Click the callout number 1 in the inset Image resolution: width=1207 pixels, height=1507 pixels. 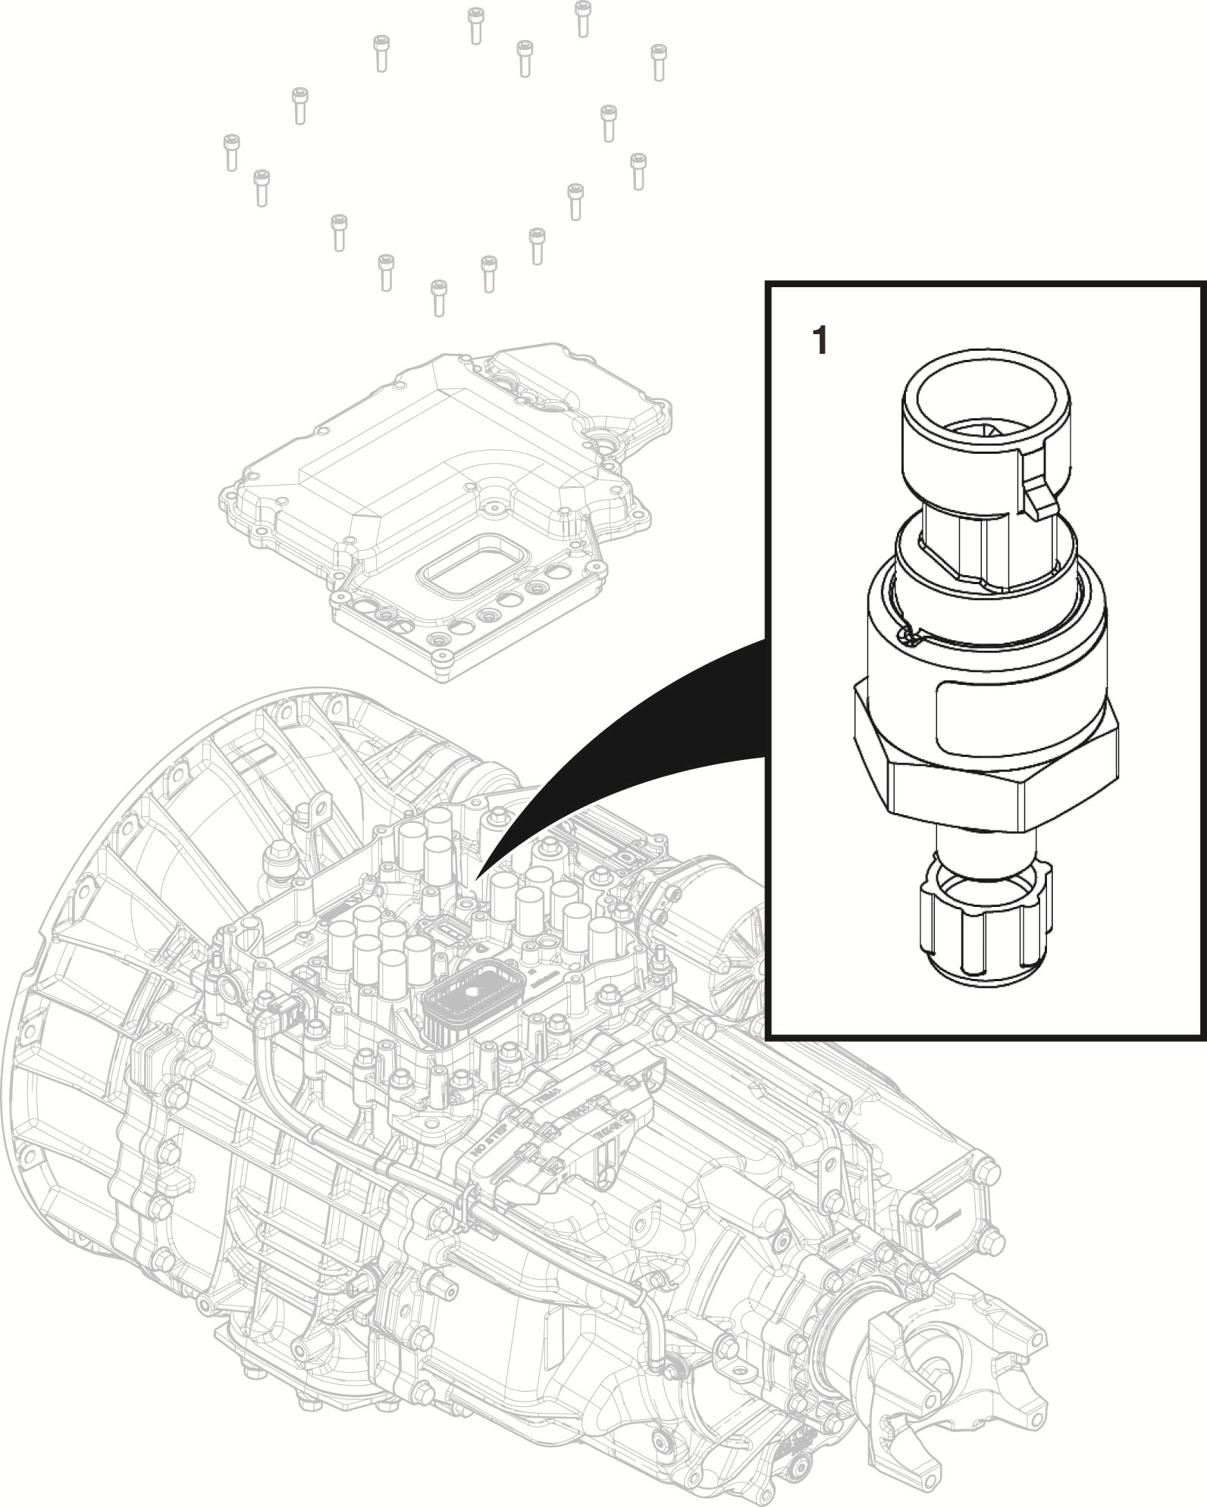click(x=820, y=341)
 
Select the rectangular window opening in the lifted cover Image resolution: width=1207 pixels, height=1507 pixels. click(x=466, y=564)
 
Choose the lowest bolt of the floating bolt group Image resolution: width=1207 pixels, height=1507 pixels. click(x=437, y=297)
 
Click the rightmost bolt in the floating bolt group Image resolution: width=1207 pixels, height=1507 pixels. click(x=658, y=61)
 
